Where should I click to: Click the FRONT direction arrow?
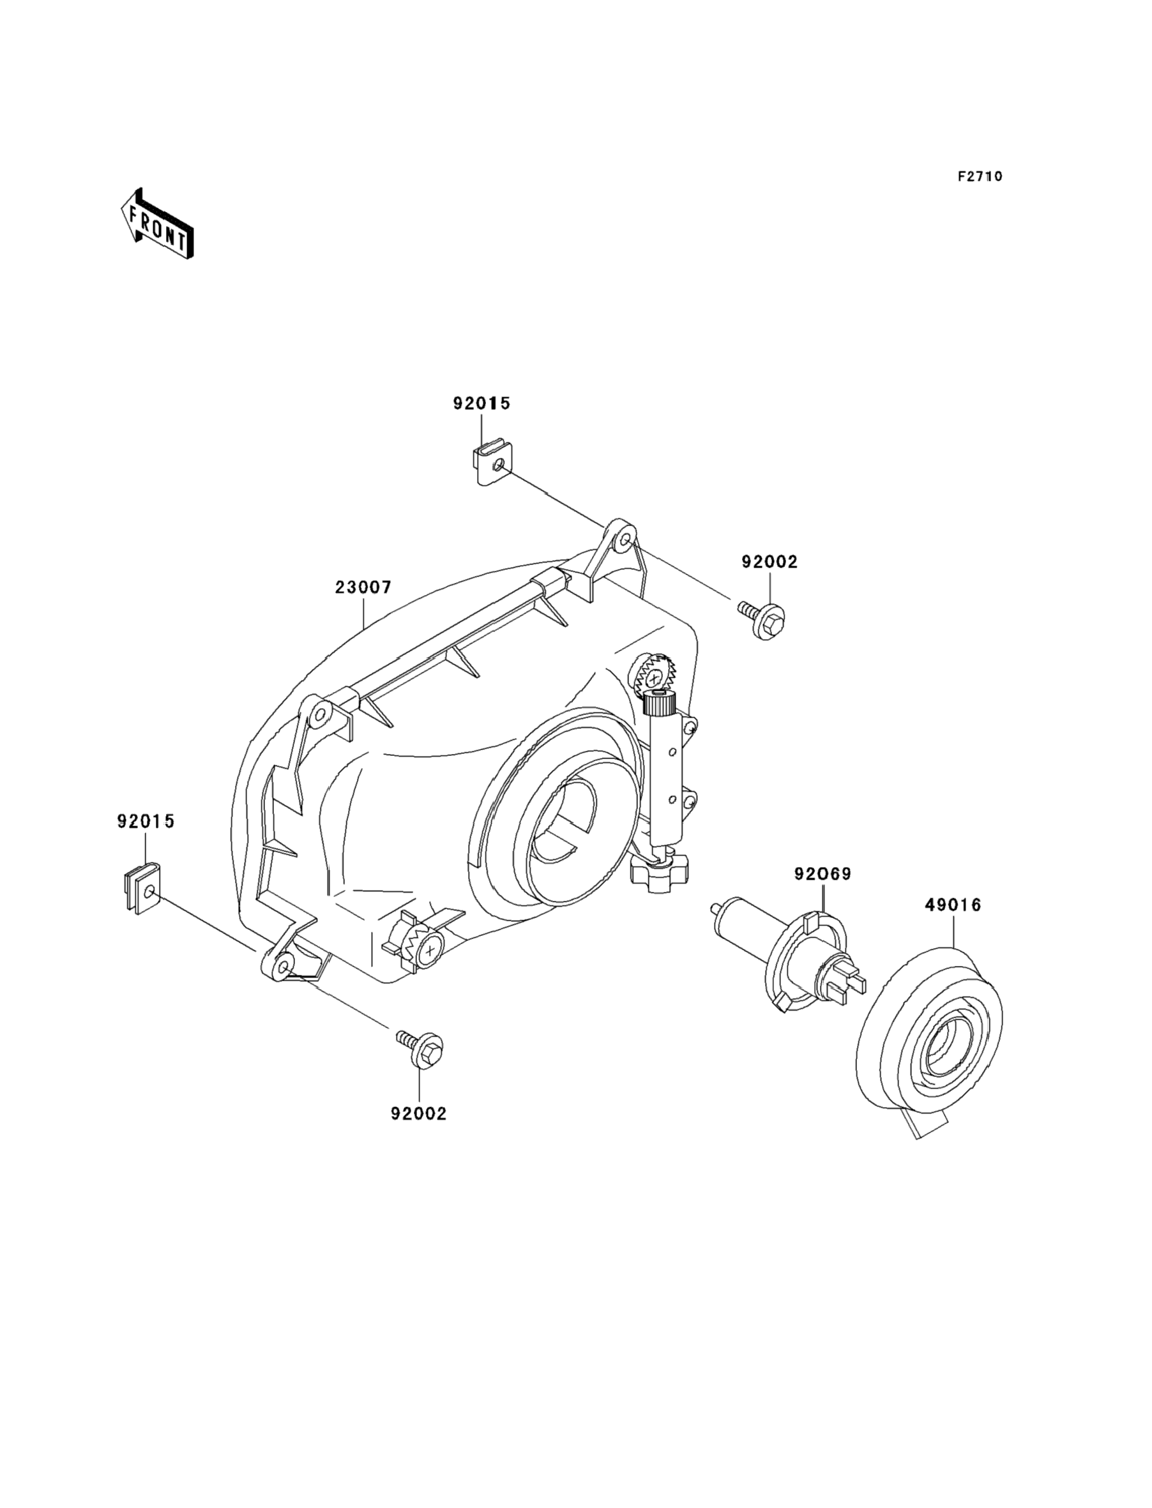click(156, 224)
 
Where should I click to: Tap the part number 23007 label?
click(363, 587)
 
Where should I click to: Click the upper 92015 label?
click(481, 403)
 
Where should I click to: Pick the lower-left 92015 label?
click(146, 821)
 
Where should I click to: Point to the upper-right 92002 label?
click(769, 562)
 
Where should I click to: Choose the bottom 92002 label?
click(418, 1114)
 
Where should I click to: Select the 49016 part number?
click(953, 905)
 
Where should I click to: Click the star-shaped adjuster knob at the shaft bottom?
click(659, 875)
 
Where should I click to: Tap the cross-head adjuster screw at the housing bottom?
click(426, 950)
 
